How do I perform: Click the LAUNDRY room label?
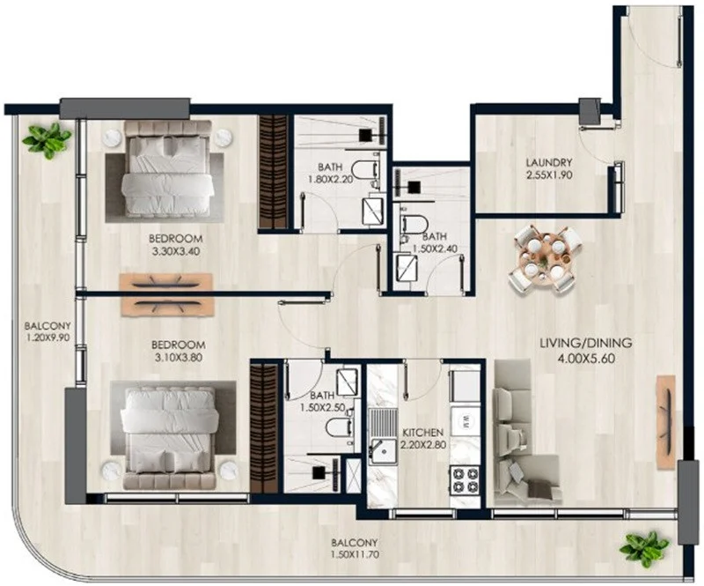549,162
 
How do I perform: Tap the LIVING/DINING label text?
585,343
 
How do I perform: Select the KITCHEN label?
422,433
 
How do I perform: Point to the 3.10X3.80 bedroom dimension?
179,358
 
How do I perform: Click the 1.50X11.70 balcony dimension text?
355,554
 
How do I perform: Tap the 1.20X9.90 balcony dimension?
48,337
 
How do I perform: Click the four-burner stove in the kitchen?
466,479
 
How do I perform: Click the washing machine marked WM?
466,421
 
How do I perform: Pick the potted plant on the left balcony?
47,140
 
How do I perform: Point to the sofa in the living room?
526,433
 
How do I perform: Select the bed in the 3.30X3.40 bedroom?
166,167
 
